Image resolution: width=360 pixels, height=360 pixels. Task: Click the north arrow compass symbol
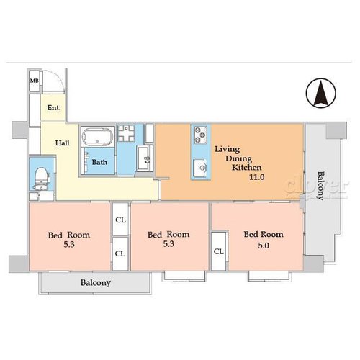pyautogui.click(x=321, y=93)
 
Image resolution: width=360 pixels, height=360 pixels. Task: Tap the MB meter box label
pyautogui.click(x=35, y=81)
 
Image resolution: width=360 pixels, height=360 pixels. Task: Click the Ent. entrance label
pyautogui.click(x=54, y=108)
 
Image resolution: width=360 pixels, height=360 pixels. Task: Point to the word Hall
pyautogui.click(x=62, y=143)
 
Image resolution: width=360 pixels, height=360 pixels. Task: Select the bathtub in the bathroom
pyautogui.click(x=97, y=136)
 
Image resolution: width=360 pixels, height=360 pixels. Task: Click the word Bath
pyautogui.click(x=99, y=162)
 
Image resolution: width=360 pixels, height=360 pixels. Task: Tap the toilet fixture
pyautogui.click(x=41, y=178)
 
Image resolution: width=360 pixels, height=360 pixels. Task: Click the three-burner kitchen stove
pyautogui.click(x=201, y=135)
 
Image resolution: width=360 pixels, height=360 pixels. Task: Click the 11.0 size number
pyautogui.click(x=256, y=177)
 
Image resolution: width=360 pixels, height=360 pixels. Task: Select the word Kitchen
pyautogui.click(x=246, y=167)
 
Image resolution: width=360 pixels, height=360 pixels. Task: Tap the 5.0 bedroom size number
pyautogui.click(x=264, y=246)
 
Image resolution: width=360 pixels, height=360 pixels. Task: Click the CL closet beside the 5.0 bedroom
pyautogui.click(x=219, y=251)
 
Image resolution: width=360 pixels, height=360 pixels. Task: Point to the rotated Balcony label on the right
pyautogui.click(x=320, y=185)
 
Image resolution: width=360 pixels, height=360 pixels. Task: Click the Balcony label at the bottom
pyautogui.click(x=96, y=283)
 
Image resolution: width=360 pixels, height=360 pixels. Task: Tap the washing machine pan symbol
pyautogui.click(x=126, y=133)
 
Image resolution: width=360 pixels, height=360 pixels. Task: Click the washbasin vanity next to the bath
pyautogui.click(x=145, y=158)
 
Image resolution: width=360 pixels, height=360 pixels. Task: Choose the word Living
pyautogui.click(x=227, y=149)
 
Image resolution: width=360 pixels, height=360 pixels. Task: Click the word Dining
pyautogui.click(x=238, y=158)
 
